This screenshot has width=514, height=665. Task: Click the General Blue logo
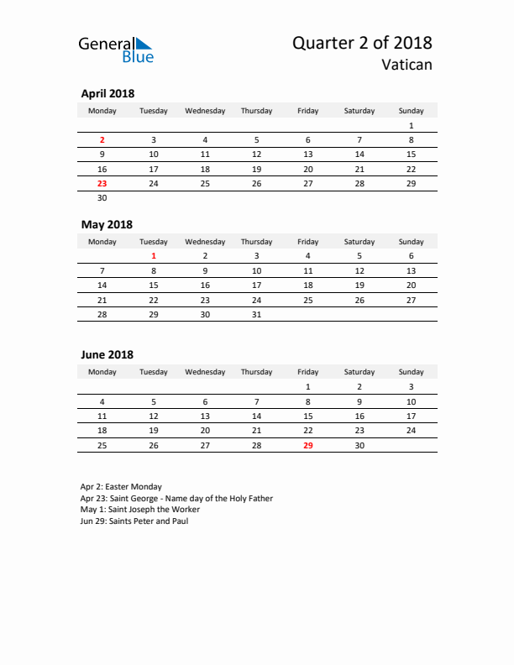[116, 50]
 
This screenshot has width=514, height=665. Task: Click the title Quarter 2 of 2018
[362, 43]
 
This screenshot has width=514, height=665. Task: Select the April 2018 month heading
[108, 94]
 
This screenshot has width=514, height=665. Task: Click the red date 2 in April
[102, 140]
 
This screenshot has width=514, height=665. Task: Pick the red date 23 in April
[102, 183]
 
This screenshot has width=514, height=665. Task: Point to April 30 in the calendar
[102, 198]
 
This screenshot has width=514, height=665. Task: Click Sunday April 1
[411, 125]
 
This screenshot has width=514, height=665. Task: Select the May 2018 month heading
[107, 224]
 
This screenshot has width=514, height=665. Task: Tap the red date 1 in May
[154, 256]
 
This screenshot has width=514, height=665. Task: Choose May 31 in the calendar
[256, 315]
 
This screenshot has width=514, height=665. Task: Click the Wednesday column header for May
[205, 242]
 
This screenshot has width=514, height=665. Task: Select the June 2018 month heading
[107, 355]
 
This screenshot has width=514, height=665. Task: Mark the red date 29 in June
[307, 445]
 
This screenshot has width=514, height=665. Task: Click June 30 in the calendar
[359, 445]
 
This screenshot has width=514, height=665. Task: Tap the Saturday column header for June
[359, 372]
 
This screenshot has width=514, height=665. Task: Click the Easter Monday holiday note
[122, 486]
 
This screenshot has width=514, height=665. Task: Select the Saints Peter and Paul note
[134, 521]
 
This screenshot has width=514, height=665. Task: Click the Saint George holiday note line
[176, 498]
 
